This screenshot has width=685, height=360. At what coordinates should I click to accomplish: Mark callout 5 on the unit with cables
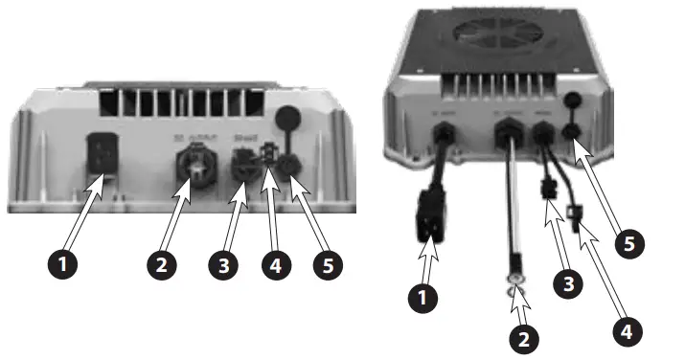coord(628,242)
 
